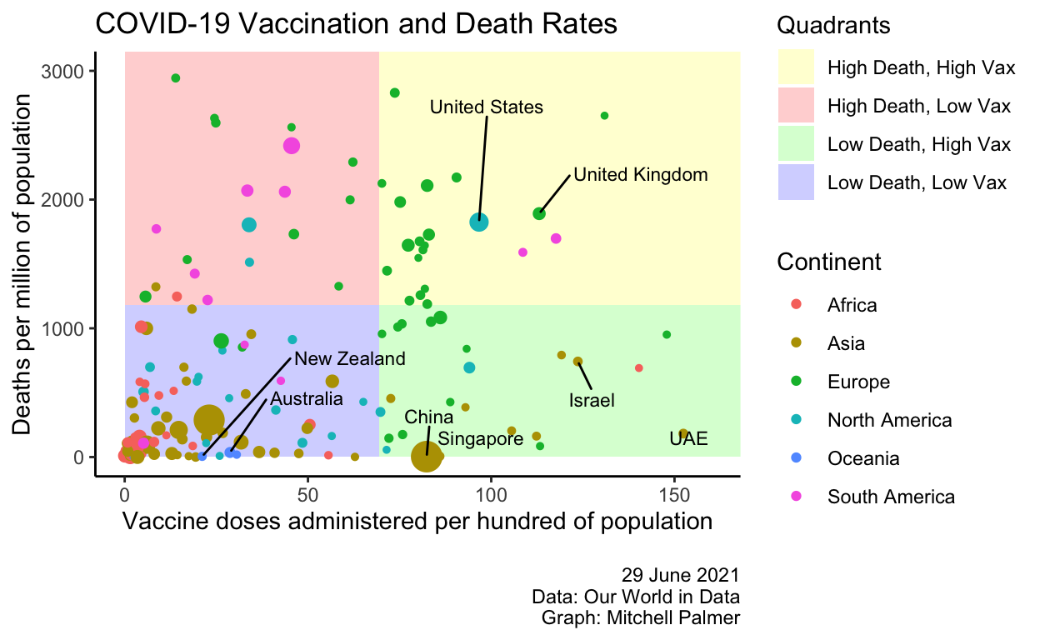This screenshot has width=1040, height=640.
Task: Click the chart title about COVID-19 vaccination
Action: coord(356,24)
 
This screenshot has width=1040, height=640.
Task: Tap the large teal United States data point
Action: coord(479,222)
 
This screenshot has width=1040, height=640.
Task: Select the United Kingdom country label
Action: coord(641,175)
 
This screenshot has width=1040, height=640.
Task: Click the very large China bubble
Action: coord(427,456)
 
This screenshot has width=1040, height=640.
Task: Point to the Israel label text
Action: coord(592,401)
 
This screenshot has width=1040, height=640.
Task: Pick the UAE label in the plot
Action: coord(688,438)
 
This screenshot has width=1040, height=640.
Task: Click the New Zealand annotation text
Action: coord(350,359)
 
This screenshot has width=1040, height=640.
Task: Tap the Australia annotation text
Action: coord(306,399)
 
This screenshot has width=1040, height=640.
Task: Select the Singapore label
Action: coord(481,438)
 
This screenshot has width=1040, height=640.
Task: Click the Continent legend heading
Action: coord(828,262)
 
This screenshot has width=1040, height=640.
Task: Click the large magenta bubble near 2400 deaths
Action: coord(291,146)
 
